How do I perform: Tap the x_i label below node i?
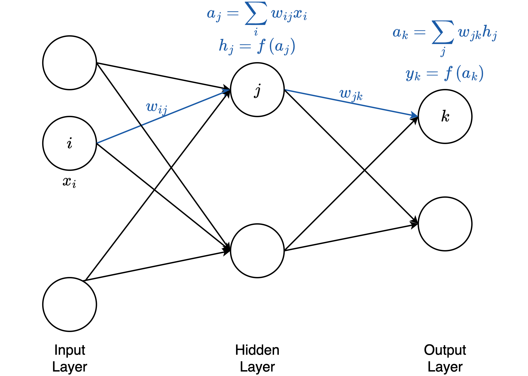(69, 182)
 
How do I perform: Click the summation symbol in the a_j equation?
(256, 13)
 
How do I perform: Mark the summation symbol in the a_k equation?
(443, 32)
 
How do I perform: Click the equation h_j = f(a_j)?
(257, 46)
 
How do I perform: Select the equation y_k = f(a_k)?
(444, 74)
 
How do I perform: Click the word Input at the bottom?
(70, 350)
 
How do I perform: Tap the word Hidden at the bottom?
(257, 350)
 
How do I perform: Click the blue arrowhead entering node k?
(415, 115)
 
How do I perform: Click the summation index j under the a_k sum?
(443, 52)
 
